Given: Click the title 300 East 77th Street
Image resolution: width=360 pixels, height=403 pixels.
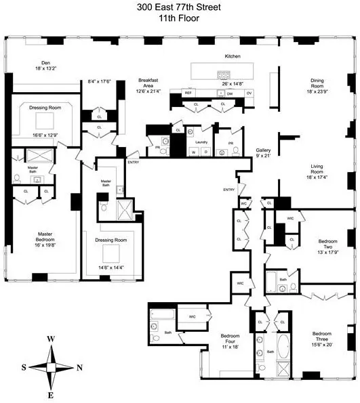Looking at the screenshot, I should [180, 7].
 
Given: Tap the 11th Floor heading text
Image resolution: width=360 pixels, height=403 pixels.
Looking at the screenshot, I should [180, 18].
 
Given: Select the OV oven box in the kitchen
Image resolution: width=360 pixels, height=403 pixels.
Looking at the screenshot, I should [249, 93].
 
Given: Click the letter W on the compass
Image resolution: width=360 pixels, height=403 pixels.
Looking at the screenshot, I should [52, 339].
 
